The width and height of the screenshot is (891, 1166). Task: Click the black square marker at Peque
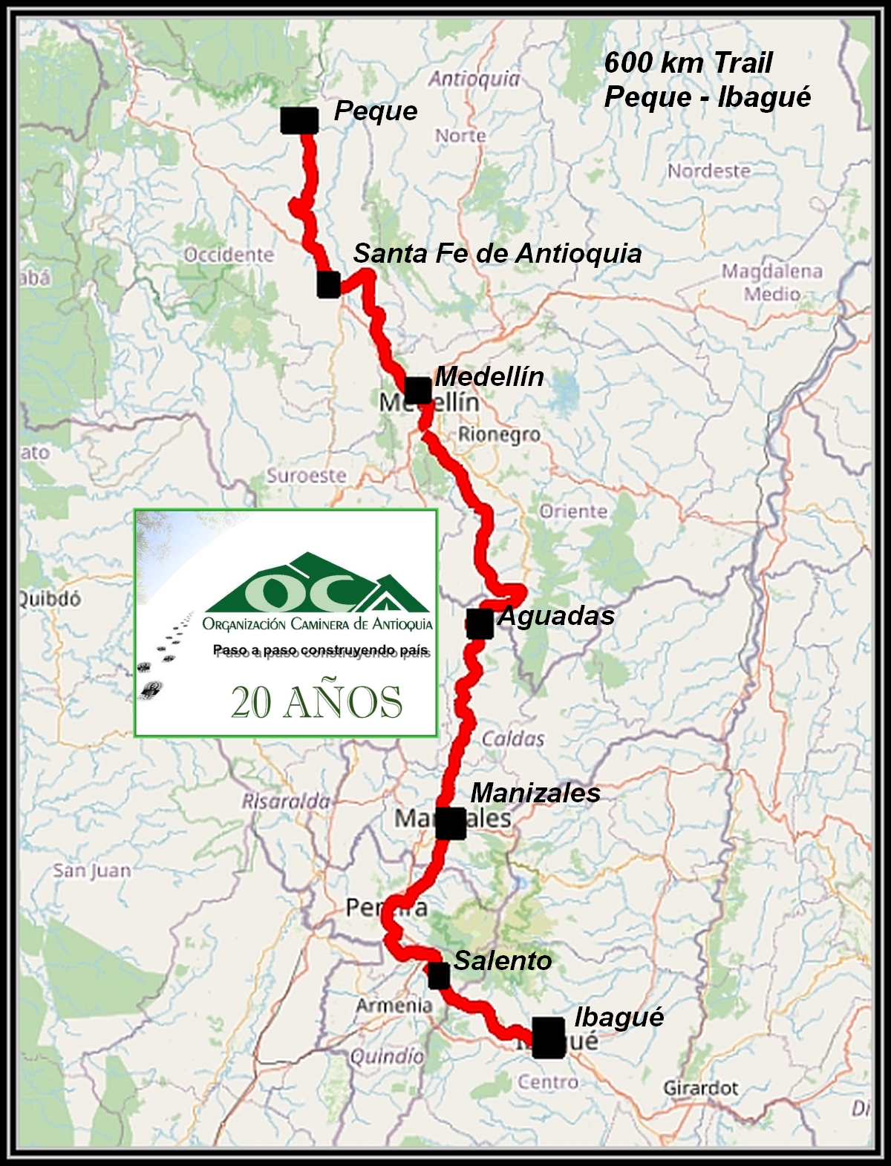pos(300,120)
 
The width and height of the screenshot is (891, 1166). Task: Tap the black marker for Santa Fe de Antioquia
pos(328,284)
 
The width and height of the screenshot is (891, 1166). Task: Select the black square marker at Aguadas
pos(480,623)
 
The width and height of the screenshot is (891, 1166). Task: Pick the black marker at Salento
pos(439,975)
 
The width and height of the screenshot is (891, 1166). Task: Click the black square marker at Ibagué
pos(549,1038)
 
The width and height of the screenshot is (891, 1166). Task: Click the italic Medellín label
pos(489,376)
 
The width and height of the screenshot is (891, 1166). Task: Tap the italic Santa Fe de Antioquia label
pos(497,253)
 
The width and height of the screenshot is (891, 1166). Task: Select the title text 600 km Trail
pos(688,63)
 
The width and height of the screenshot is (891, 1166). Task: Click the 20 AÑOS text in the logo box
pos(316,701)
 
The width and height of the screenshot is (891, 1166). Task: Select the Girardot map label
pos(700,1088)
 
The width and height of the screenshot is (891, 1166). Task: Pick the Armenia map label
pos(394,1006)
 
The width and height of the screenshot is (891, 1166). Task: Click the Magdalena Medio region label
pos(772,283)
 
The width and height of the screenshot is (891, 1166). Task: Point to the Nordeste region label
pos(708,171)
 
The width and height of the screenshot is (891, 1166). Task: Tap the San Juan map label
pos(91,870)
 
